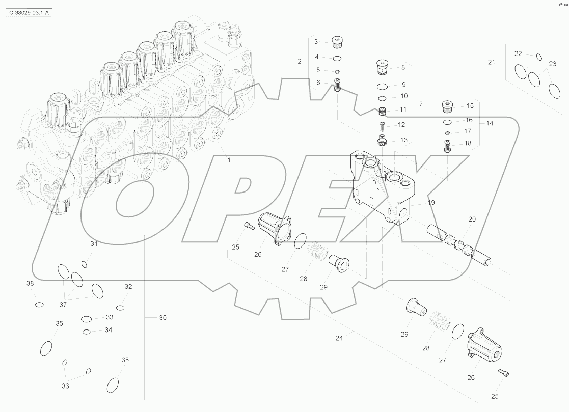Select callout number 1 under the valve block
[229, 160]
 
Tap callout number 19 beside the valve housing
[431, 202]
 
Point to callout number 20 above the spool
[472, 219]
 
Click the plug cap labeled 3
[336, 42]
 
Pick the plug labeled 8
[383, 66]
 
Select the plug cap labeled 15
[447, 107]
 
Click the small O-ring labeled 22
[539, 57]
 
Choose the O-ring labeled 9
[383, 85]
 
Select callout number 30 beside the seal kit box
[162, 318]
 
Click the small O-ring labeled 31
[84, 264]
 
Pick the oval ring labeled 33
[86, 319]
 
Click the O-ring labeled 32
[120, 308]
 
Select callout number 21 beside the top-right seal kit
[491, 62]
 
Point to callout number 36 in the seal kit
[65, 386]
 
